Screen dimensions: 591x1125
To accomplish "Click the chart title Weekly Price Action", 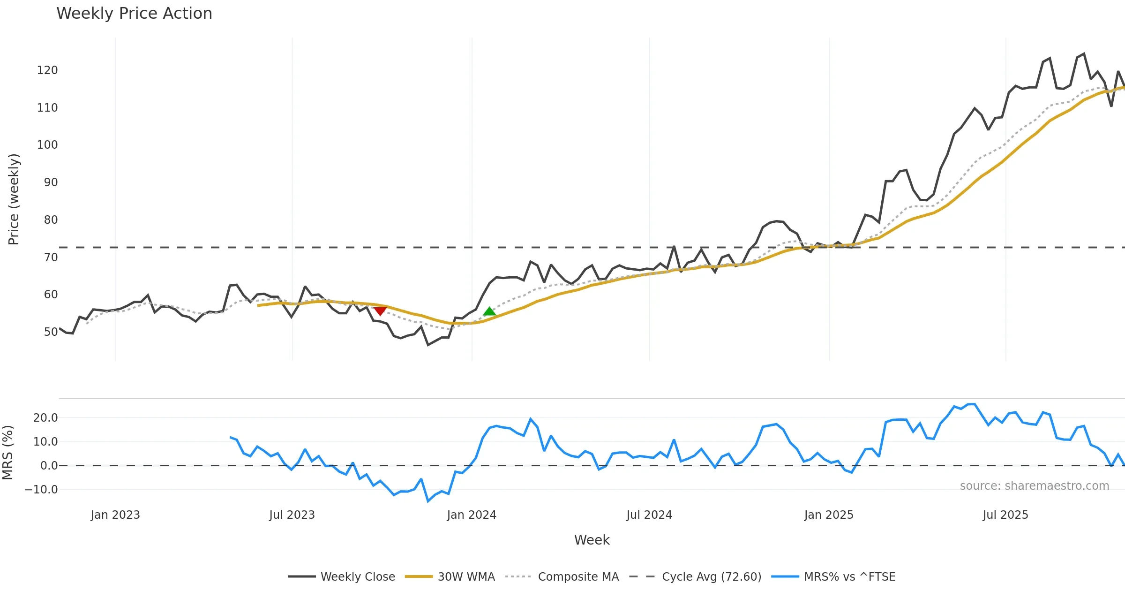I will click(134, 14).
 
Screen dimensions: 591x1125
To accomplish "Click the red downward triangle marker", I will click(380, 311).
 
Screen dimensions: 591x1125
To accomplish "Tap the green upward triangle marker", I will click(489, 311).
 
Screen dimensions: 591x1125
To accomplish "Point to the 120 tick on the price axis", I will click(47, 70).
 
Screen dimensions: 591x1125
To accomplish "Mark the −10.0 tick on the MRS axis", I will click(41, 490).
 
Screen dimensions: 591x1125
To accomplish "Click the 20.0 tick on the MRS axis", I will click(45, 418).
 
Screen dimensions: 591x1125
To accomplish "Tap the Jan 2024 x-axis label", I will click(472, 515).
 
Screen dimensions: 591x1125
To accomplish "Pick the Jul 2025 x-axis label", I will click(1005, 515).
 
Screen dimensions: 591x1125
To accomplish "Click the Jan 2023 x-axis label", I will click(115, 515).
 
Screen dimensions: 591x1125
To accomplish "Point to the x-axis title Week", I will click(592, 540).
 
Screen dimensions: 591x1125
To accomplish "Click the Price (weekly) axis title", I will click(14, 199).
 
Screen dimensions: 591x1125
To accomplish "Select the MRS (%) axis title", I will click(7, 453).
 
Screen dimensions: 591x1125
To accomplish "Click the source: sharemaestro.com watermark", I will click(1034, 486).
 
